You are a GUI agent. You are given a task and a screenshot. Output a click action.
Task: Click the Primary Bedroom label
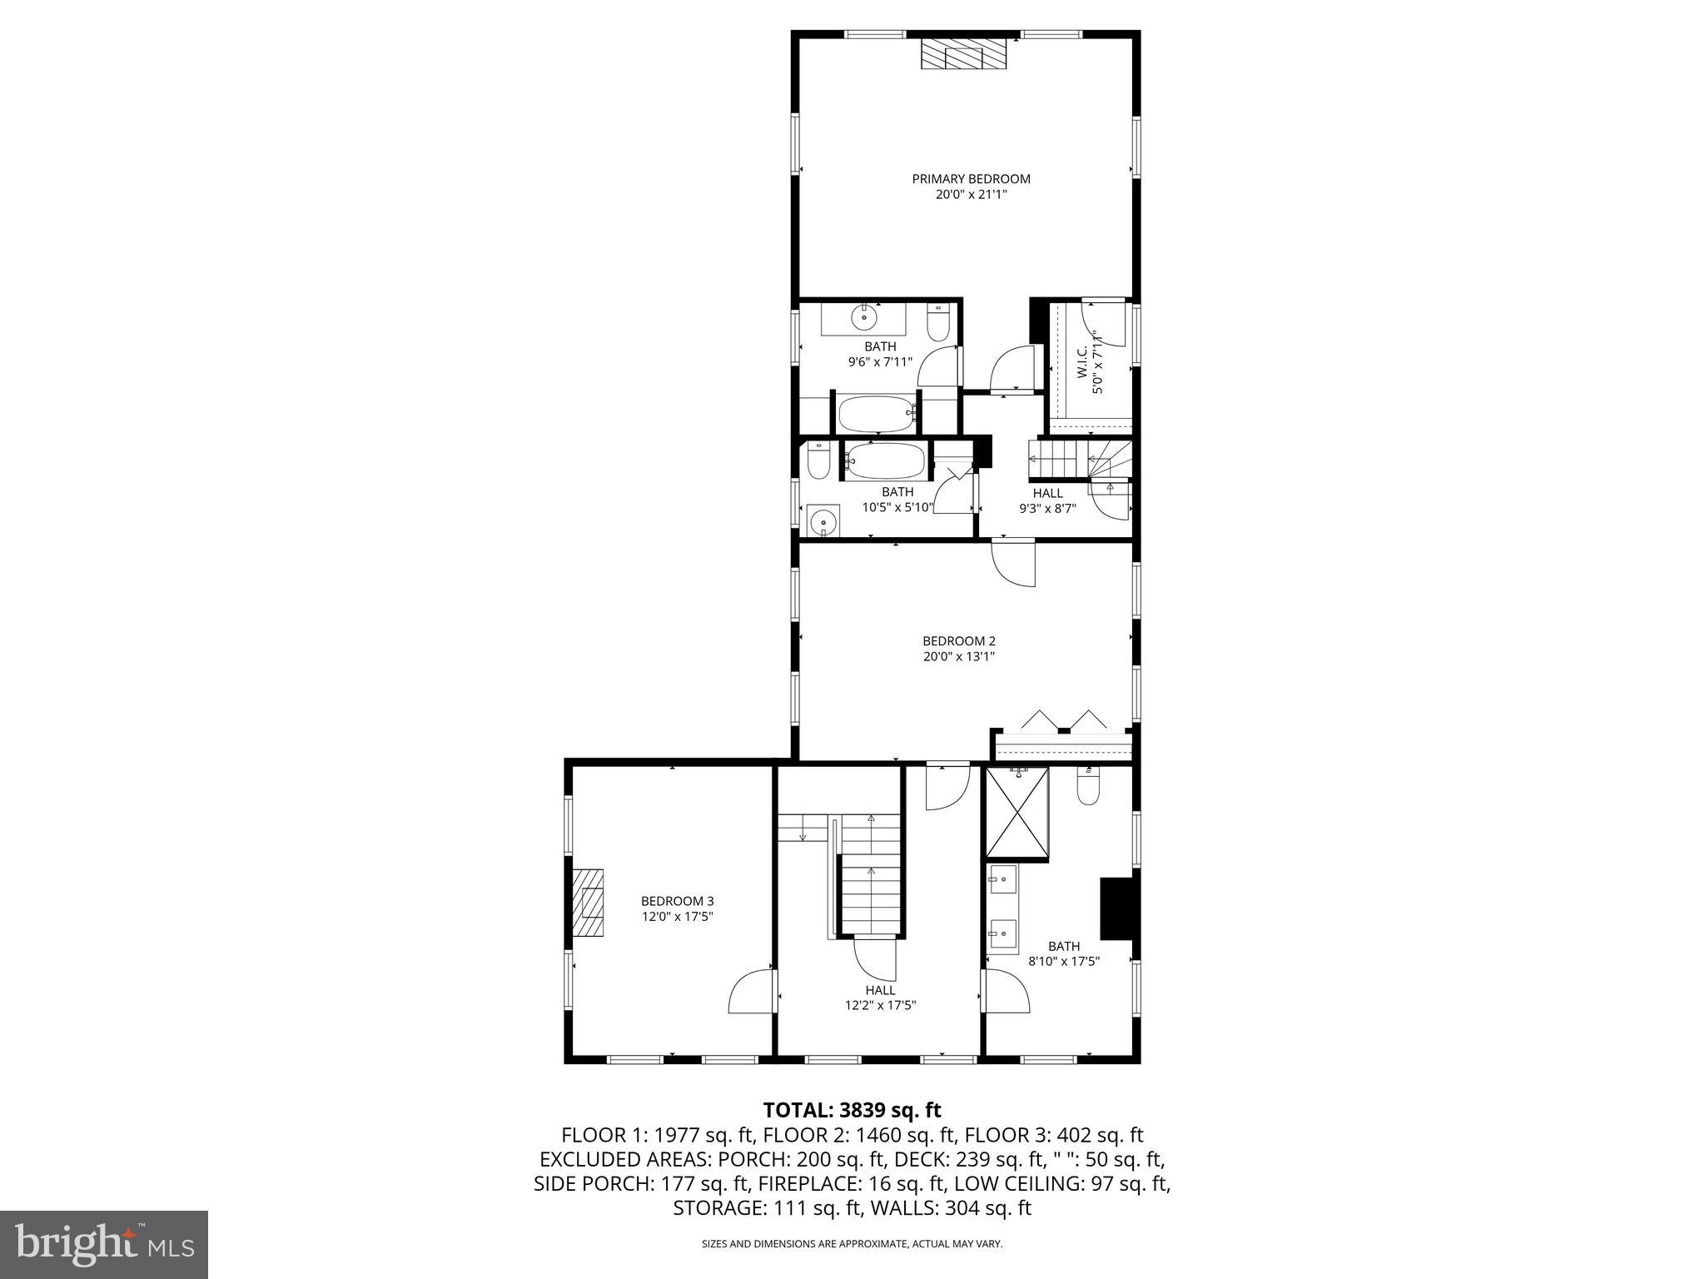[971, 179]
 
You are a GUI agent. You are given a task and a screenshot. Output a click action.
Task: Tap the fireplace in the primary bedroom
[965, 55]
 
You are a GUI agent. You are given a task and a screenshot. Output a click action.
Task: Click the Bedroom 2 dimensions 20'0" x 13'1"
[958, 656]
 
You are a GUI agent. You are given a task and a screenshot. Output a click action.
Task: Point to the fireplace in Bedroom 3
[588, 904]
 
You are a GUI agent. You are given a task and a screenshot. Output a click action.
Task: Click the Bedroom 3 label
[677, 901]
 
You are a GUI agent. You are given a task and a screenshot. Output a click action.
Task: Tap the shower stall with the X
[1017, 813]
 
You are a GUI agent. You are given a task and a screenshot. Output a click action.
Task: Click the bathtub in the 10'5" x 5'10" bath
[884, 460]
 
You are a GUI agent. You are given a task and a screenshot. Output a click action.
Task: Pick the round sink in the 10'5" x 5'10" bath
[823, 522]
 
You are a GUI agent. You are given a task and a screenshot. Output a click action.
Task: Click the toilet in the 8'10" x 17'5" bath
[1088, 786]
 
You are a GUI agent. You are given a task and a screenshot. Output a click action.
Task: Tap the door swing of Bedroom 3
[750, 993]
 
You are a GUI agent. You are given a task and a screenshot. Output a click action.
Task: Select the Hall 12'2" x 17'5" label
[880, 990]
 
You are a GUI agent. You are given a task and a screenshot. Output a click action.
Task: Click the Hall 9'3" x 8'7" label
[1047, 493]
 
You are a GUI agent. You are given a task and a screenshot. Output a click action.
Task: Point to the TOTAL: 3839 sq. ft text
[852, 1110]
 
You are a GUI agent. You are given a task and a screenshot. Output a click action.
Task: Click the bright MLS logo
[104, 1245]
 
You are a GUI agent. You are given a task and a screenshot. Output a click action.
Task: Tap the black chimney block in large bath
[1116, 908]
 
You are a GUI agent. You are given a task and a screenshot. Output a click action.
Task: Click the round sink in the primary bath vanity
[865, 316]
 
